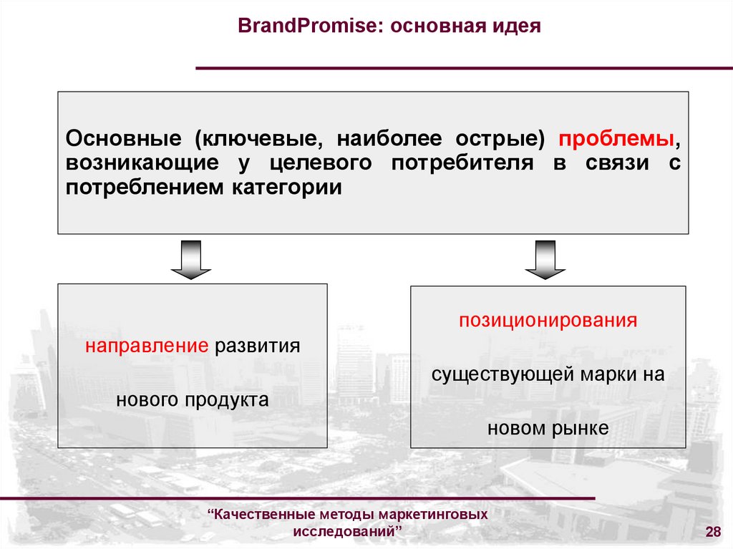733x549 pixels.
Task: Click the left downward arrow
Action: tap(191, 259)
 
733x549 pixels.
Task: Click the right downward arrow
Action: tap(545, 259)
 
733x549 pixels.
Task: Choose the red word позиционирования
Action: tap(548, 319)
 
